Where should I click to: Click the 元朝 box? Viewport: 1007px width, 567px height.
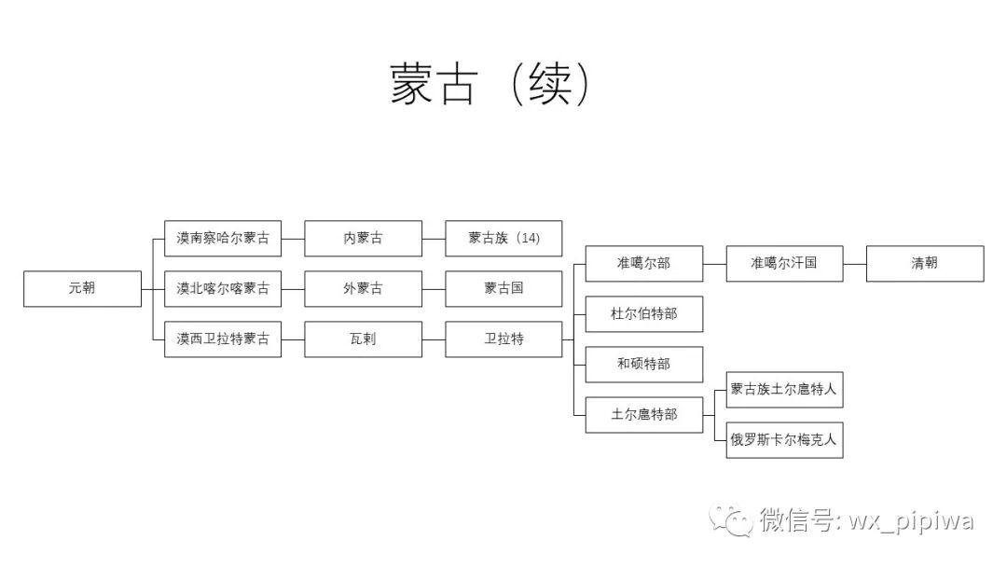point(82,289)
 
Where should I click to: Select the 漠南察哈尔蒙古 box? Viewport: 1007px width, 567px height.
point(223,239)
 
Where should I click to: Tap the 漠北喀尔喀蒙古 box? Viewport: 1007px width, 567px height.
point(223,289)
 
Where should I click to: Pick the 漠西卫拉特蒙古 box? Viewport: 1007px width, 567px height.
point(223,339)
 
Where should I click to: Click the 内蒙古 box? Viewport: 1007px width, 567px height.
point(364,239)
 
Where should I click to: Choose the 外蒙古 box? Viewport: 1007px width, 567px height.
point(364,289)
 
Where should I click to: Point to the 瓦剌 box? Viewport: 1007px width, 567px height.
point(364,339)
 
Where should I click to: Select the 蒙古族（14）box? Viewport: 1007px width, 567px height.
point(504,239)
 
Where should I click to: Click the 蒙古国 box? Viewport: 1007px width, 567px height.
point(504,289)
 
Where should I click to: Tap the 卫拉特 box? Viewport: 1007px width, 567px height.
point(504,339)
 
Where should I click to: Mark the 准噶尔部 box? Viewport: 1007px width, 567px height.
point(644,264)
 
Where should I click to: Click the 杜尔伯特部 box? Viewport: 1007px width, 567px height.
point(644,314)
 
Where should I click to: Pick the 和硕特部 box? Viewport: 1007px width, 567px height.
point(644,365)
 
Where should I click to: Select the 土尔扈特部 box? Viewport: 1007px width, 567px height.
point(644,415)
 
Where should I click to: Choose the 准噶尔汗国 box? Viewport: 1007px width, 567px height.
point(785,264)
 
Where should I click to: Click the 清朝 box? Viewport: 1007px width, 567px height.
point(925,264)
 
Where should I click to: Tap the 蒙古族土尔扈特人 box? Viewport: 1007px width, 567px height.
point(785,390)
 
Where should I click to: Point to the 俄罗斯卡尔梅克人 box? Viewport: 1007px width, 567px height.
point(785,440)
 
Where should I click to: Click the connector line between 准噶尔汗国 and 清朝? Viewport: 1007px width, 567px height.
point(855,264)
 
